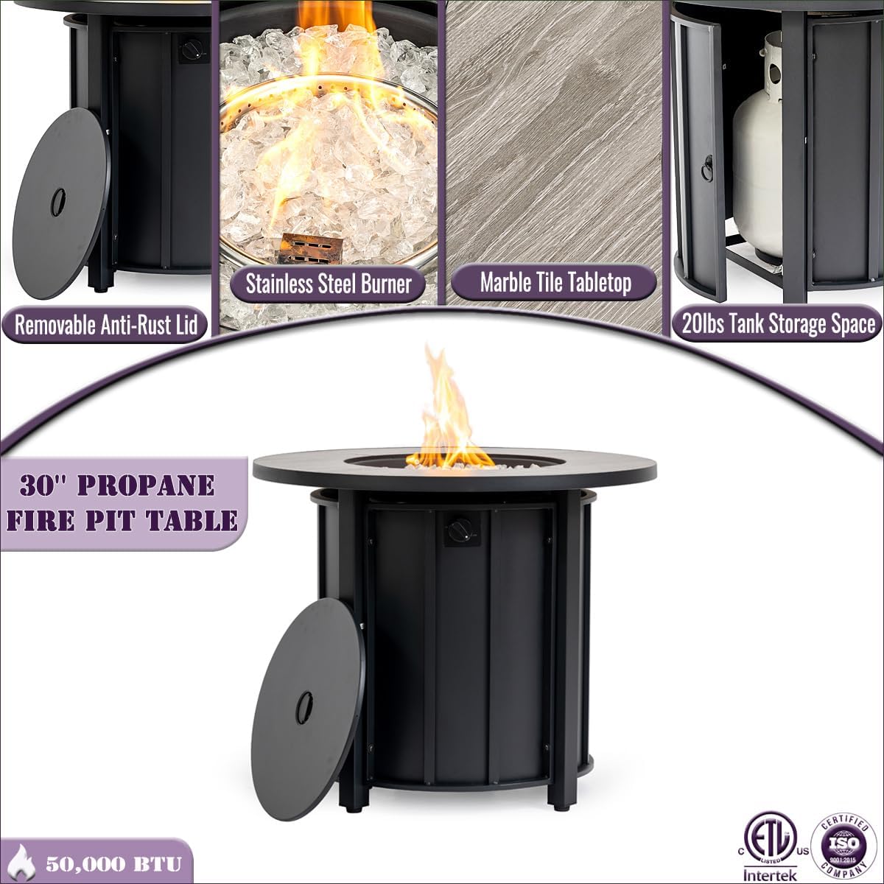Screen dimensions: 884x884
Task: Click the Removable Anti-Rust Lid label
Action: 106,325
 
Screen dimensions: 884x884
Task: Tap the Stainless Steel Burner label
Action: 328,284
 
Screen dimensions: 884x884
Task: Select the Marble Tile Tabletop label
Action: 555,282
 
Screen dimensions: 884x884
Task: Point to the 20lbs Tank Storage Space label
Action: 778,324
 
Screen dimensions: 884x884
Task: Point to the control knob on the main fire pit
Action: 460,529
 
